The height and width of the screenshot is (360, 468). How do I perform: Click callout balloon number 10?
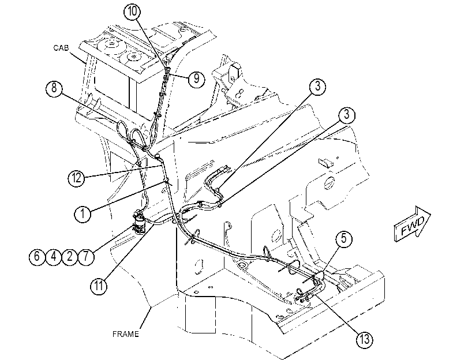[x=132, y=12]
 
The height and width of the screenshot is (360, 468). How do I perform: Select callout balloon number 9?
[x=196, y=79]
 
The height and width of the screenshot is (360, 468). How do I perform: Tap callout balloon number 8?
[x=54, y=88]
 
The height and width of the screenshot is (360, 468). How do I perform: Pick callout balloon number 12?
[x=76, y=178]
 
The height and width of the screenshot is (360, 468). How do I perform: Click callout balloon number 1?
[x=83, y=213]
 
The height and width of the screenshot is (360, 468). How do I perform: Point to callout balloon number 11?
[x=99, y=286]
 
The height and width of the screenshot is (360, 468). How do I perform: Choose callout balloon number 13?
[x=365, y=339]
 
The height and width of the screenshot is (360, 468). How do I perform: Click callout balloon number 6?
[x=37, y=256]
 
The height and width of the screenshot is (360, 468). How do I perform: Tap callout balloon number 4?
[x=54, y=256]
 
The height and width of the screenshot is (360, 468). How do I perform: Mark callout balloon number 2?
[x=70, y=256]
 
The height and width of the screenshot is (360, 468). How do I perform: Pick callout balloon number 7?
[x=86, y=256]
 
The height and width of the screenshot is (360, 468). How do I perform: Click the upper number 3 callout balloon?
[x=317, y=87]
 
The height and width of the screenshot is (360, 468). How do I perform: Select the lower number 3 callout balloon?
[x=346, y=115]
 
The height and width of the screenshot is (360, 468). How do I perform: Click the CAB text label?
[x=61, y=48]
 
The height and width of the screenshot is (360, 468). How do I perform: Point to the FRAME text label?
[x=126, y=334]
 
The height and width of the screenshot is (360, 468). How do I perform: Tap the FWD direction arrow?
[x=412, y=223]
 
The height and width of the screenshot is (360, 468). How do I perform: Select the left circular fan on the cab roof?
[x=112, y=44]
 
